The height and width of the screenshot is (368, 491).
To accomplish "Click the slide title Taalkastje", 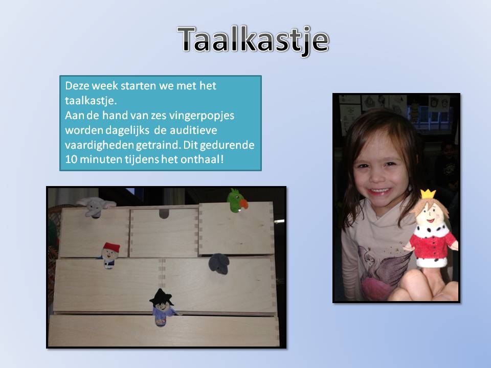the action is click(253, 40).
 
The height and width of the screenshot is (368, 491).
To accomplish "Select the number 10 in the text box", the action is click(71, 159).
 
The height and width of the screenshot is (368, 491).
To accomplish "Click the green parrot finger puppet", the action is click(237, 200).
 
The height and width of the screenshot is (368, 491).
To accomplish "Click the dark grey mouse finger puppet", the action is click(219, 264).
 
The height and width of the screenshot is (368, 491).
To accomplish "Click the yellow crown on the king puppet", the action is click(428, 194).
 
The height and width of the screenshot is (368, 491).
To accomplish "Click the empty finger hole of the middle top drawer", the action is click(164, 214).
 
